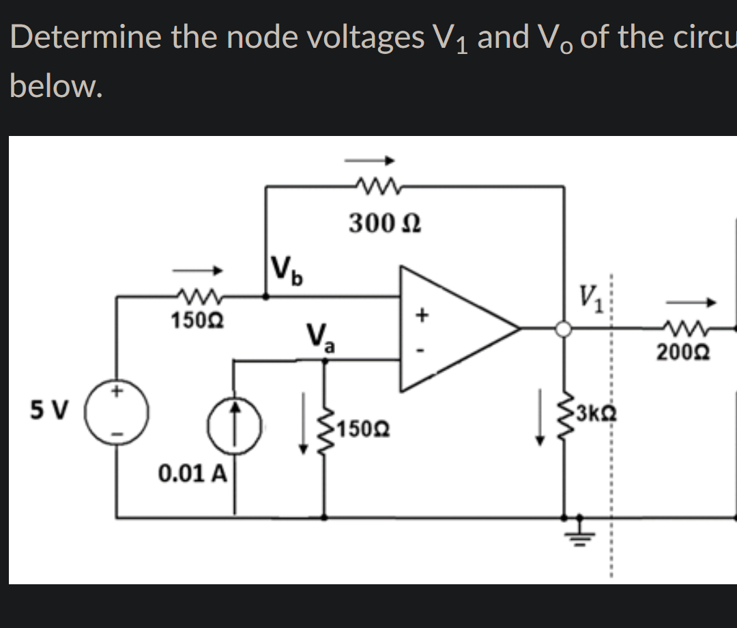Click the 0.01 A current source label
point(192,472)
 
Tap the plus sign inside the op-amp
point(422,314)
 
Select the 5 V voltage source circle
point(117,414)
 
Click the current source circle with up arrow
point(235,421)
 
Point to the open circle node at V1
point(563,329)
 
